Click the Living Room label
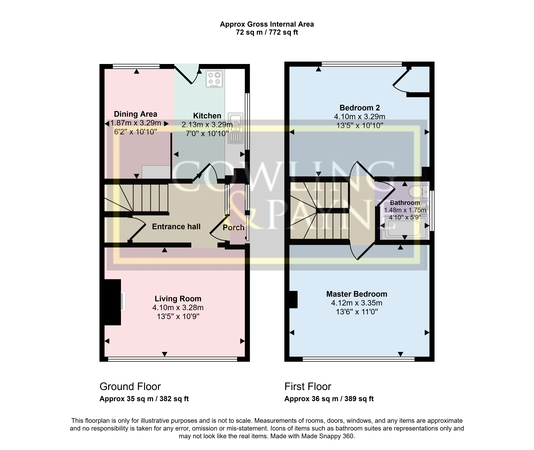(x=178, y=299)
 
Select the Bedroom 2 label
(x=360, y=108)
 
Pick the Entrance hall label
(x=176, y=227)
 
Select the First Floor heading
(x=308, y=387)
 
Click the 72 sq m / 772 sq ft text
(x=267, y=32)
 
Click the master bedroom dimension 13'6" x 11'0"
(x=357, y=312)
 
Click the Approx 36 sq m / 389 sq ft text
(x=329, y=399)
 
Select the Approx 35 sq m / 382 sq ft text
(x=144, y=399)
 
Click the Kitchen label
(x=207, y=116)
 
